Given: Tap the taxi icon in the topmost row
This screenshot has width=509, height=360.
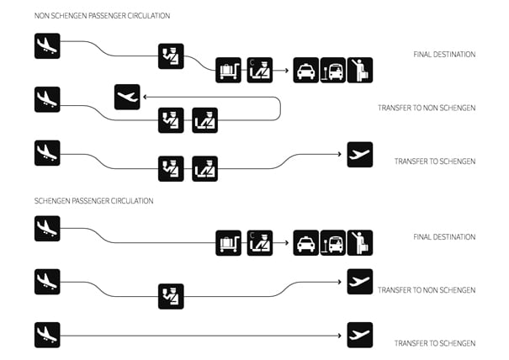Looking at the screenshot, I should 306,70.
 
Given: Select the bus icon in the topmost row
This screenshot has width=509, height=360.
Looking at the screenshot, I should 333,70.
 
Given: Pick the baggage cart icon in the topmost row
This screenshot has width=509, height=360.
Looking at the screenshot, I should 228,70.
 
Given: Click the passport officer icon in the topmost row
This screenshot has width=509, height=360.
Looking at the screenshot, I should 171,56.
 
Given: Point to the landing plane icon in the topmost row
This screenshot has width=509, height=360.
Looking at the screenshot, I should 47,45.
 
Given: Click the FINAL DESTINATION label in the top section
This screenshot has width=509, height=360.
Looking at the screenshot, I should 444,55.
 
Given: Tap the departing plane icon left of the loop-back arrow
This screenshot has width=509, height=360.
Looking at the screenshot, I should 127,98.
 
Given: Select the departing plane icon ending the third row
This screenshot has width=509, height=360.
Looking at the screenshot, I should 359,154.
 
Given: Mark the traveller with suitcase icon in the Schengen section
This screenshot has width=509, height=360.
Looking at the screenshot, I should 360,243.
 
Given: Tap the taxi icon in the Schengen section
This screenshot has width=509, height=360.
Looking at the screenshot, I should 306,243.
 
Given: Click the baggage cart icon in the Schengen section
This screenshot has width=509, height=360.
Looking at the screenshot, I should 228,243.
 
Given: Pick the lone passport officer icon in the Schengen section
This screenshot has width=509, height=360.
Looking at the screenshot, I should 171,296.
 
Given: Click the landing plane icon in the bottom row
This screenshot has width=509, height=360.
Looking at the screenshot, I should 47,335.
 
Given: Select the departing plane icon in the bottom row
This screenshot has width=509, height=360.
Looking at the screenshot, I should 359,335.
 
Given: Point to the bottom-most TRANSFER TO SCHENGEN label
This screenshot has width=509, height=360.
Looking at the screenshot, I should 435,343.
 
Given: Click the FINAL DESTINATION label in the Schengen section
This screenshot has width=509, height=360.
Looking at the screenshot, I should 444,237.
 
